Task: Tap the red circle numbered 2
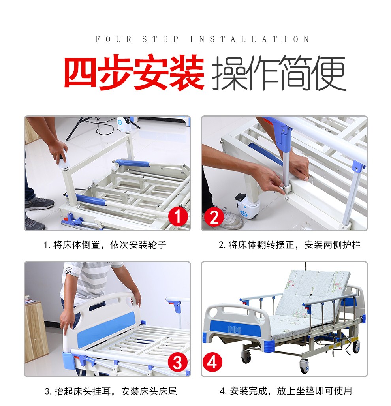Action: [214, 217]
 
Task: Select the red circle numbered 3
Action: [178, 363]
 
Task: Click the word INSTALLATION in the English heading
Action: [249, 39]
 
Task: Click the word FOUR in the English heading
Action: [113, 39]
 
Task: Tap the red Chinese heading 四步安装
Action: [134, 72]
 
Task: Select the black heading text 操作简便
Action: [279, 73]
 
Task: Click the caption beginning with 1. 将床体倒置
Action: [105, 245]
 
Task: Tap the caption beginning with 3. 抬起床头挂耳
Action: [111, 391]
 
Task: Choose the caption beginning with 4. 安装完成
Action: [286, 391]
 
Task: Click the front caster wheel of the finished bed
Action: [305, 366]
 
